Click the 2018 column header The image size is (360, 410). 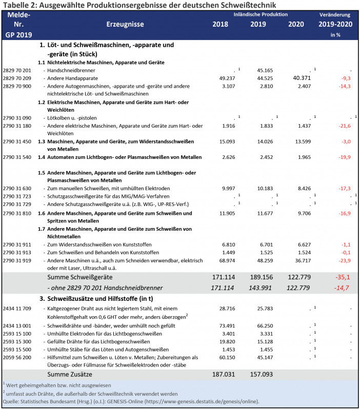pos(221,24)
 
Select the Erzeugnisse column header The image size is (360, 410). pos(125,24)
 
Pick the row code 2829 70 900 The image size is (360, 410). pos(17,86)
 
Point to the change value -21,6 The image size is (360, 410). pos(343,126)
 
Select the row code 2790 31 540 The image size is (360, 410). pos(17,156)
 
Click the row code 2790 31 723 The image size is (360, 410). pos(17,196)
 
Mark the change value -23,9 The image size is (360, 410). pos(343,260)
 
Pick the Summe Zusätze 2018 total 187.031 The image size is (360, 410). pos(221,375)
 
